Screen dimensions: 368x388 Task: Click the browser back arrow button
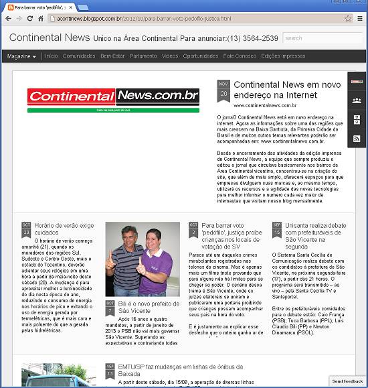pos(8,19)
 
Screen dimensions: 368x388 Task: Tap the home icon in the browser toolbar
pos(41,19)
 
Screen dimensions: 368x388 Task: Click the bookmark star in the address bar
pos(348,19)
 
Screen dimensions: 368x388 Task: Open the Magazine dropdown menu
pos(21,56)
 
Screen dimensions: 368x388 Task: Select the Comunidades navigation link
pos(79,56)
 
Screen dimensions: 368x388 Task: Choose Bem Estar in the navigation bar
pos(112,56)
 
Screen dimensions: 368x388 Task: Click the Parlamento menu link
pos(143,56)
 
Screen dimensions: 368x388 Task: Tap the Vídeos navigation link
pos(170,56)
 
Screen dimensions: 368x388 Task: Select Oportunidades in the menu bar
pos(200,56)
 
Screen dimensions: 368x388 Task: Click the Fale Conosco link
pos(240,56)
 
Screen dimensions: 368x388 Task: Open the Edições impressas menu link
pos(283,56)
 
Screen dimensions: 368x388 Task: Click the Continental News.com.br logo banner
pos(113,99)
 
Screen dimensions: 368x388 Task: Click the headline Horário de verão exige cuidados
pos(64,229)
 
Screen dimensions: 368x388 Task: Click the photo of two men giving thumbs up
pos(142,259)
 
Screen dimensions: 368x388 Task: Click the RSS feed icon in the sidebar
pos(357,138)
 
